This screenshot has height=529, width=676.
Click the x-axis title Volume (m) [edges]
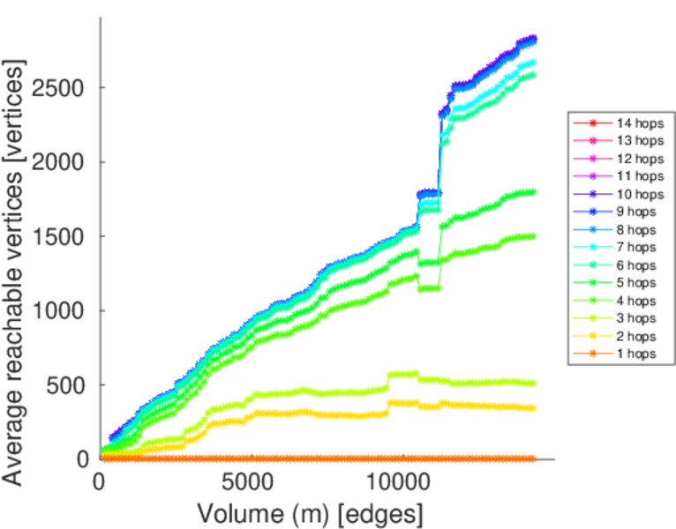tap(310, 513)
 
